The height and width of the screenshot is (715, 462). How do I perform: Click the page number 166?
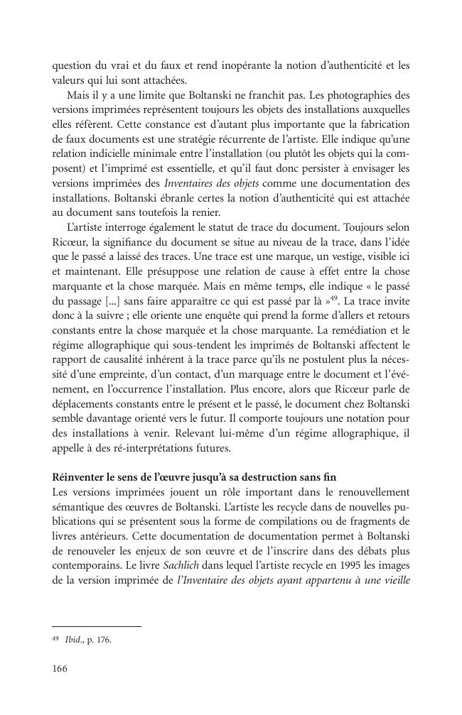[60, 668]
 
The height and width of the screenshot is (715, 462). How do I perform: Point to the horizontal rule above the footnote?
[97, 626]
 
